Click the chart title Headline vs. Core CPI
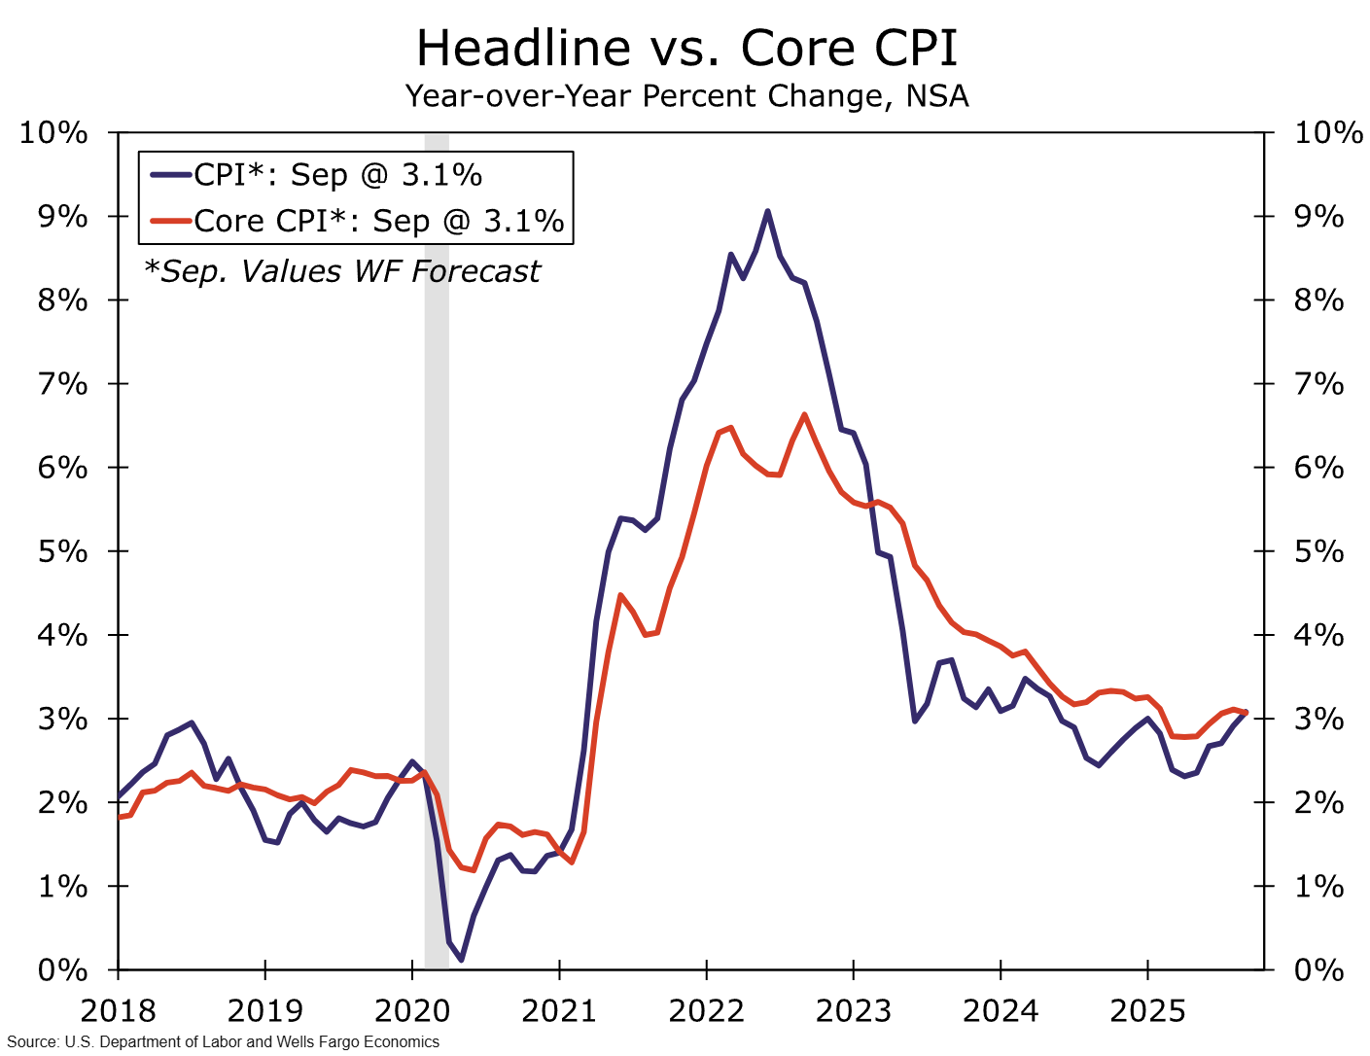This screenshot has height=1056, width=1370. click(x=685, y=49)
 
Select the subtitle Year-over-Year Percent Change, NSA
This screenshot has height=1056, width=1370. click(x=685, y=96)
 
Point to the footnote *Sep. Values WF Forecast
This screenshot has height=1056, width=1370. click(x=341, y=271)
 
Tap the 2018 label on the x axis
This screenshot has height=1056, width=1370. click(x=118, y=1011)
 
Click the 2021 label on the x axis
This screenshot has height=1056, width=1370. click(x=559, y=1011)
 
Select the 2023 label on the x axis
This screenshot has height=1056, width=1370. click(x=853, y=1011)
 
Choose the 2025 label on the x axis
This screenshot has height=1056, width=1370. click(x=1147, y=1011)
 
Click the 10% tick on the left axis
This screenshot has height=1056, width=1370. click(x=53, y=132)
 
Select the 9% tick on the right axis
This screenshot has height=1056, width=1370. click(x=1318, y=217)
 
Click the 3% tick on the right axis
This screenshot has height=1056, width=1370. click(x=1318, y=720)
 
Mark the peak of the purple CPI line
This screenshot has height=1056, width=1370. click(x=767, y=211)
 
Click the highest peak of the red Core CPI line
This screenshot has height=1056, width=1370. click(x=804, y=415)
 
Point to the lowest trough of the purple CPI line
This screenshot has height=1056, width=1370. click(x=461, y=960)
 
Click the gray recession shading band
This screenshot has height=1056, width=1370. click(x=437, y=583)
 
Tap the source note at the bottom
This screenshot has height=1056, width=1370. click(x=224, y=1042)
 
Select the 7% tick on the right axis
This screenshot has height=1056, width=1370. click(x=1318, y=384)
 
